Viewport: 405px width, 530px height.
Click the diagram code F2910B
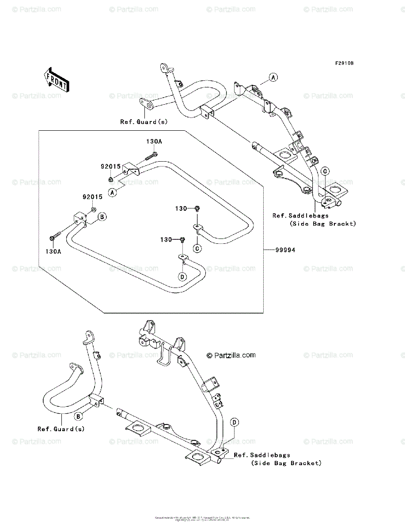pyautogui.click(x=344, y=64)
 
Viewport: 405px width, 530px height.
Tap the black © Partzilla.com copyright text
pyautogui.click(x=231, y=355)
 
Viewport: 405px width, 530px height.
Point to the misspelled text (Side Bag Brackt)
pyautogui.click(x=322, y=224)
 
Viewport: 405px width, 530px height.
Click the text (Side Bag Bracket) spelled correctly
pyautogui.click(x=286, y=463)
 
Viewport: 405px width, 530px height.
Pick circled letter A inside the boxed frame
pyautogui.click(x=113, y=192)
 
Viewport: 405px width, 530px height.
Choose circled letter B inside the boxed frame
pyautogui.click(x=101, y=217)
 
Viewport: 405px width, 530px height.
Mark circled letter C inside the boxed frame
pyautogui.click(x=197, y=248)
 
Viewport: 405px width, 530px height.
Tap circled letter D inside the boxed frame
pyautogui.click(x=182, y=276)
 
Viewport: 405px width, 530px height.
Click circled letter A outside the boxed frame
pyautogui.click(x=273, y=78)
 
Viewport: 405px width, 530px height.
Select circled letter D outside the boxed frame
pyautogui.click(x=235, y=423)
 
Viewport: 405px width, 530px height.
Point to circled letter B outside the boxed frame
pyautogui.click(x=78, y=416)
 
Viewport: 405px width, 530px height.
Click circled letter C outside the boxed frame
pyautogui.click(x=324, y=171)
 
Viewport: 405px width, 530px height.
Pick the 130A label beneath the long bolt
pyautogui.click(x=53, y=251)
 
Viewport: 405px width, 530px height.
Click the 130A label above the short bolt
pyautogui.click(x=154, y=142)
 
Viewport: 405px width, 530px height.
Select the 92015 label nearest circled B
pyautogui.click(x=92, y=197)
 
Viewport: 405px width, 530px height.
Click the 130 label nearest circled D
pyautogui.click(x=166, y=239)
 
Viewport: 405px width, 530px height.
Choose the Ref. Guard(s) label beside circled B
pyautogui.click(x=61, y=429)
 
